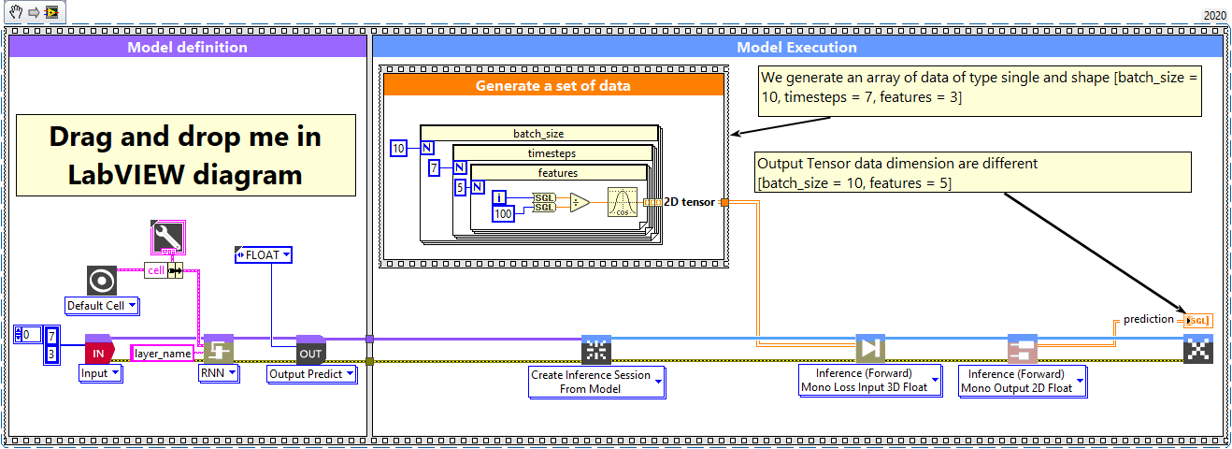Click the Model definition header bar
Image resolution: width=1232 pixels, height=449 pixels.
tap(187, 47)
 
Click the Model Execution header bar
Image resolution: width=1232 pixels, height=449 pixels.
tap(796, 47)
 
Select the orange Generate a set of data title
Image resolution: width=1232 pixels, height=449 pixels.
tap(552, 85)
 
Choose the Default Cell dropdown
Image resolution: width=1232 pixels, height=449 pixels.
tap(102, 305)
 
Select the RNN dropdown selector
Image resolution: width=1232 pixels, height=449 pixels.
tap(219, 373)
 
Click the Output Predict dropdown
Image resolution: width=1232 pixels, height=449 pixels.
tap(312, 373)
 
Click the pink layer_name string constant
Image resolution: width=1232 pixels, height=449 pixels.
tap(162, 353)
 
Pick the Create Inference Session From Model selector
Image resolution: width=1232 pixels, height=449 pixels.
tap(596, 382)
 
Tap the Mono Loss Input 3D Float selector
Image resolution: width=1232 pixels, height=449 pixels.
tap(871, 382)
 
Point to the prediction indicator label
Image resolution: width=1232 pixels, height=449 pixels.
tap(1148, 319)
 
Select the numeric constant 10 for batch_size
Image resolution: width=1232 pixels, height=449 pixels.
tap(398, 148)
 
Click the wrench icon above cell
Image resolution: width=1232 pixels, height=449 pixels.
tap(167, 238)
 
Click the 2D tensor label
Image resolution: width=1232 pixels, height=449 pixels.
tap(690, 202)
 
